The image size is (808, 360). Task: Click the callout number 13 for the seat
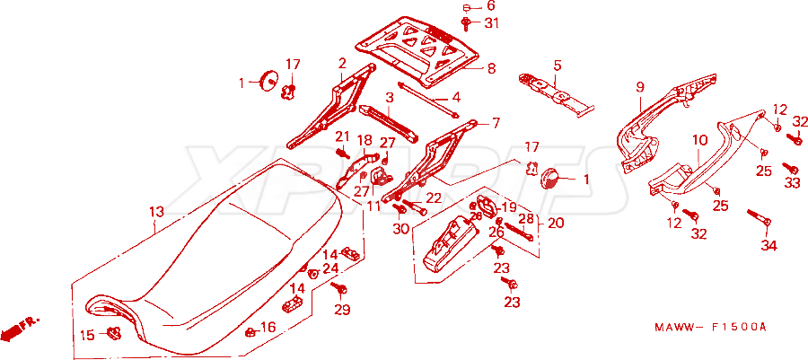[x=156, y=212]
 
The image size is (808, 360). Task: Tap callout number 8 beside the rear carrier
[x=491, y=68]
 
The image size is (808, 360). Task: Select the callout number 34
[x=769, y=246]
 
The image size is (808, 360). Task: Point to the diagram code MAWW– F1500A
[x=711, y=327]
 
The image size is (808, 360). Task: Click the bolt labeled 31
[x=466, y=22]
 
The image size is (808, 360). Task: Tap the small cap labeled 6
[x=466, y=7]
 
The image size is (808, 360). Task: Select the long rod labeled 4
[x=428, y=100]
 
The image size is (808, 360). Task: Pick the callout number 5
[x=557, y=66]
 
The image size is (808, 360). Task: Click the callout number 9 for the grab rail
[x=640, y=87]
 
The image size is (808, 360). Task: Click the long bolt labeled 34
[x=759, y=216]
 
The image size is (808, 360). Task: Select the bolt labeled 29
[x=339, y=289]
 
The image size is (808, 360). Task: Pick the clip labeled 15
[x=112, y=333]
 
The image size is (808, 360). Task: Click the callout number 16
[x=268, y=327]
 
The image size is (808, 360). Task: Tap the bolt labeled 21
[x=343, y=153]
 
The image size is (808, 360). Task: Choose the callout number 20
[x=556, y=223]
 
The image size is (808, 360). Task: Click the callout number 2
[x=342, y=64]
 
